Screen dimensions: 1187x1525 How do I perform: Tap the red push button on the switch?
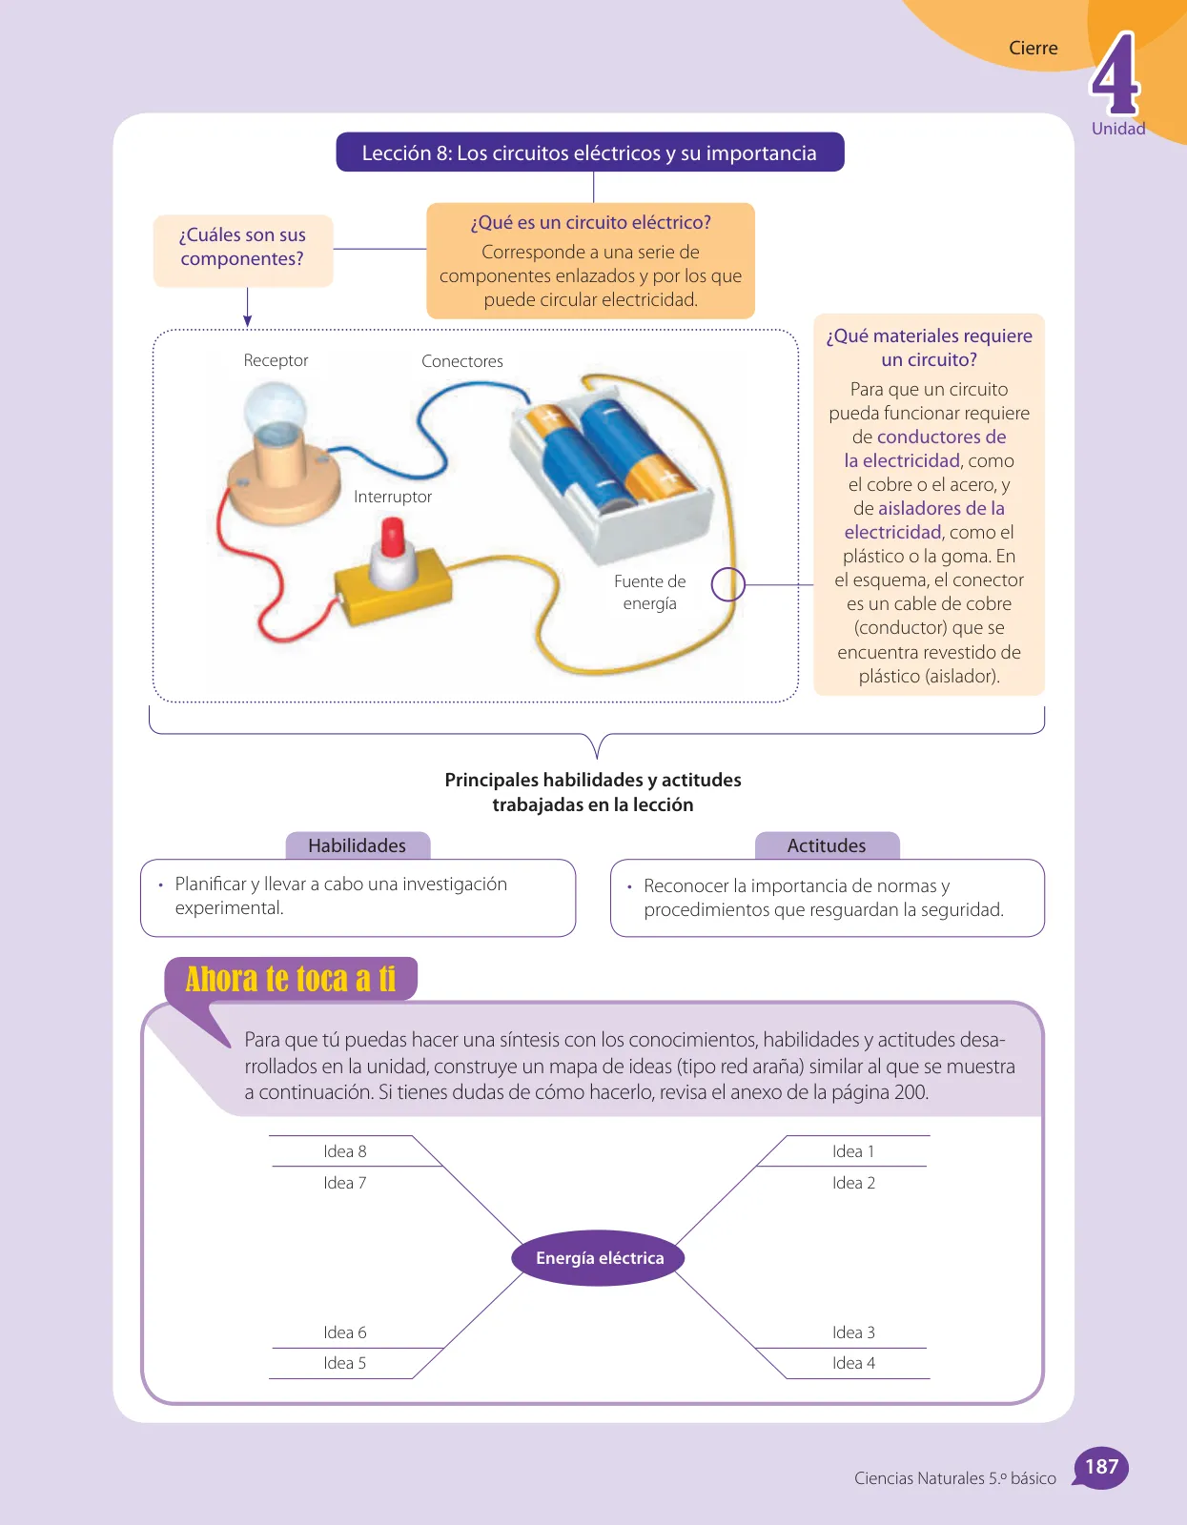[393, 537]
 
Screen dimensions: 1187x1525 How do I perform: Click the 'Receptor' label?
[276, 360]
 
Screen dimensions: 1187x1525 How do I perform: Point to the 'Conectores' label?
[461, 361]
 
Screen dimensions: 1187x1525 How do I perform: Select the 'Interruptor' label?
[393, 497]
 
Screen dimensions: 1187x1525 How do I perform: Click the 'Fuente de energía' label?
[649, 592]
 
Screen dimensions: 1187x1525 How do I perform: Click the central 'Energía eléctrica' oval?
[598, 1257]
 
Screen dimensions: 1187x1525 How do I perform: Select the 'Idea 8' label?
[344, 1151]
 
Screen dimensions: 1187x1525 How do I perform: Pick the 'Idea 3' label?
[853, 1332]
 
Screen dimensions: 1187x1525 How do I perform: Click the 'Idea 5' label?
[344, 1363]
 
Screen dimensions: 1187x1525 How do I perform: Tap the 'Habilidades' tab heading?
[358, 845]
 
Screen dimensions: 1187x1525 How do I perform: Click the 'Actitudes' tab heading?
[827, 845]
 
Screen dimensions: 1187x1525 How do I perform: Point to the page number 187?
[1101, 1467]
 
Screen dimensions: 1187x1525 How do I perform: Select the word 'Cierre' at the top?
[1033, 48]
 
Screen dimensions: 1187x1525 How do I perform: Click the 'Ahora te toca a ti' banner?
[291, 978]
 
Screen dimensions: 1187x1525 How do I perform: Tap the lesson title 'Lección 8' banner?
[589, 152]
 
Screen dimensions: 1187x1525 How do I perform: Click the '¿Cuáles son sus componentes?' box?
[243, 251]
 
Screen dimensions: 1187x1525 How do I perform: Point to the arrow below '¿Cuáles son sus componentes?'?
[247, 308]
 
